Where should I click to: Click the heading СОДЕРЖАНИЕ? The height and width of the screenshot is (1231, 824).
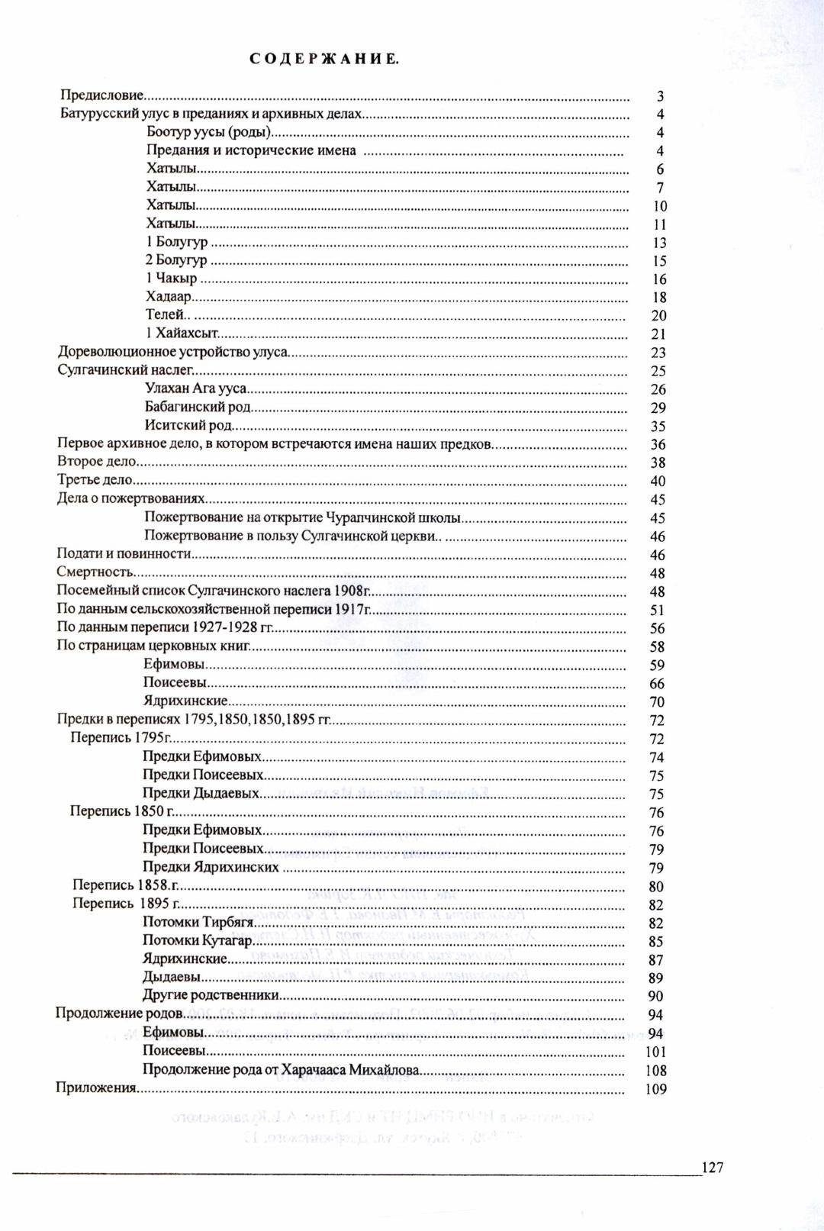(323, 59)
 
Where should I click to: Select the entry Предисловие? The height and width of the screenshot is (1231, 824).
(102, 95)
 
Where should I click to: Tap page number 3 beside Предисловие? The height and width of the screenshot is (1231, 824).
(660, 96)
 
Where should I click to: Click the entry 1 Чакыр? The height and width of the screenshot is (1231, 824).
(171, 279)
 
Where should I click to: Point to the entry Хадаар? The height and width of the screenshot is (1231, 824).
(169, 297)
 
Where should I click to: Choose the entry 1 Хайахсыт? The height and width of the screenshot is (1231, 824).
(182, 334)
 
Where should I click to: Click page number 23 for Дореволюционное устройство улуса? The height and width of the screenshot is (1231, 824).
(658, 353)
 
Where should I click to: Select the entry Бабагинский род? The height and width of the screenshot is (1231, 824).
(198, 408)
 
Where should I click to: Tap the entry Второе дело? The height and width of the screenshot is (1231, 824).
(96, 462)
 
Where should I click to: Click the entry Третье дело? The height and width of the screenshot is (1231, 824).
(95, 480)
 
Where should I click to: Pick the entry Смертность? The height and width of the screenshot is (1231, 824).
(95, 572)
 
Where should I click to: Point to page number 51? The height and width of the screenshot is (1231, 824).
(658, 610)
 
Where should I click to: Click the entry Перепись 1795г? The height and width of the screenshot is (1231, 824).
(119, 738)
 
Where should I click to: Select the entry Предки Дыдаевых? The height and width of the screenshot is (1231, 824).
(201, 794)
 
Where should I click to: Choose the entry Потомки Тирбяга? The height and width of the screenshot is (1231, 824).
(198, 922)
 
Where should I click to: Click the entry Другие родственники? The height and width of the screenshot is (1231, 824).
(210, 995)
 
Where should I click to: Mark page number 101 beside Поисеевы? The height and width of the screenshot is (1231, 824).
(656, 1052)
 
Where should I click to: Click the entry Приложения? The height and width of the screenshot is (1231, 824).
(95, 1088)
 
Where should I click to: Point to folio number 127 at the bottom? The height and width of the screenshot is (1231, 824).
(712, 1167)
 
